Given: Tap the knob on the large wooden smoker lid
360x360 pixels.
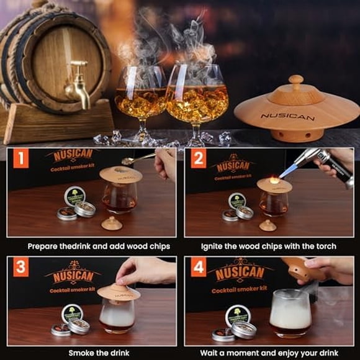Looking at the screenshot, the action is [x=296, y=81].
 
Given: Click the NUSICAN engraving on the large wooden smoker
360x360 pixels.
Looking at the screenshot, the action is [x=287, y=117].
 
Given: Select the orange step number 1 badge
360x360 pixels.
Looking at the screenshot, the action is [x=21, y=158].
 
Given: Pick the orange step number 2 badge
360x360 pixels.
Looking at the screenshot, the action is [x=199, y=158].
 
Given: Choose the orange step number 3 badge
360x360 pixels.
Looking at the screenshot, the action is [x=21, y=267].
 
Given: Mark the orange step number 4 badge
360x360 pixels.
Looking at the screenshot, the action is [x=199, y=267].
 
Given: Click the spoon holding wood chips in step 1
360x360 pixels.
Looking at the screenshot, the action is [x=137, y=159].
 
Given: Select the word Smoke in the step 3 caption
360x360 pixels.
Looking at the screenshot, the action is [x=79, y=353].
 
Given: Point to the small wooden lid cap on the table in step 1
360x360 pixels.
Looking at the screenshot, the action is [x=112, y=223].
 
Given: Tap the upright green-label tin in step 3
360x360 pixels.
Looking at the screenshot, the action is [x=72, y=313].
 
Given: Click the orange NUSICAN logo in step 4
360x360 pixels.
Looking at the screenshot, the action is [x=240, y=272].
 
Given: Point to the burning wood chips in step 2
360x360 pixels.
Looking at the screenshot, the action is [x=274, y=180].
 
